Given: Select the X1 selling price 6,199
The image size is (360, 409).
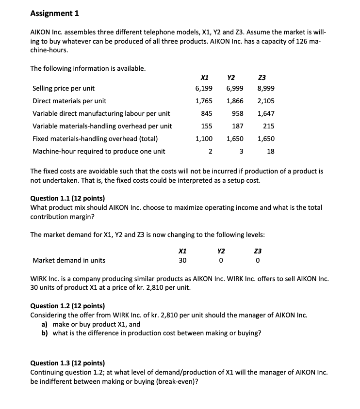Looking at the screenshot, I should coord(204,89).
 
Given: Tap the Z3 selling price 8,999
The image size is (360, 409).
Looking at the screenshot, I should coord(265,89).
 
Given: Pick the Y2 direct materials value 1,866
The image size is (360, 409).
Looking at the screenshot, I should coord(235,101).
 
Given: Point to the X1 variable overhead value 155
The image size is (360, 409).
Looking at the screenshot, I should coord(206,126).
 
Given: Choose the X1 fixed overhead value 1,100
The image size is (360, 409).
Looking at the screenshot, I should coord(204,139).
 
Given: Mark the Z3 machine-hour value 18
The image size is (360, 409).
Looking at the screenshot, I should coord(271,151).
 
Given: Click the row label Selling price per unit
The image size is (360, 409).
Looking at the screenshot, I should coord(64,89).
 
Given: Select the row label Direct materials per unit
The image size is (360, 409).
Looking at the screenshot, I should coord(69,101).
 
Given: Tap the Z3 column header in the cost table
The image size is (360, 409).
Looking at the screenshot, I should coord(262,77).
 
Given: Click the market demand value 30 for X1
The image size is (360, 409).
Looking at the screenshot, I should coord(182,260).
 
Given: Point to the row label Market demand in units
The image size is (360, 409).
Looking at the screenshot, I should coord(69,260).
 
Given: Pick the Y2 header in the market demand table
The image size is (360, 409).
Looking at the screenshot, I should coord(221,251).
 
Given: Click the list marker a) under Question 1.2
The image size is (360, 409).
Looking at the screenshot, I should coord(46,324).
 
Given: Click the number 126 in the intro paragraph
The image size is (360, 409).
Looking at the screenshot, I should coord(301,42).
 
